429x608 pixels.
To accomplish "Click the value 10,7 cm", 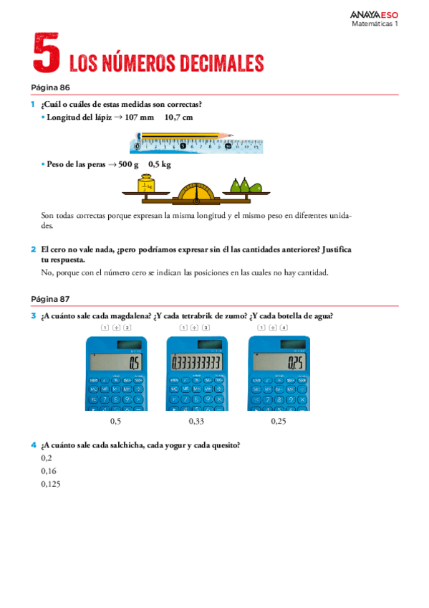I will (x=178, y=117).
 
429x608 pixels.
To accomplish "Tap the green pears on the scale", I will (x=244, y=186).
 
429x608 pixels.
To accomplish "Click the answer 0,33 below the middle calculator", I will (x=196, y=422).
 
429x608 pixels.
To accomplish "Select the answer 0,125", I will (x=51, y=484).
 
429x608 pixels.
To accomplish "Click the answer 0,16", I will (x=49, y=471).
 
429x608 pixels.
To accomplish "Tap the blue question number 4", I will (x=34, y=445).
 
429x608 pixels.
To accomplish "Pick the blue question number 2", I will (x=34, y=250).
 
